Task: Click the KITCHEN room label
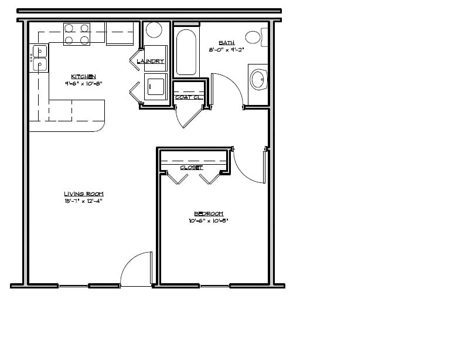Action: tap(83, 77)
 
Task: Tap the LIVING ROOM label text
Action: tap(84, 194)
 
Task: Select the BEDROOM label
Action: tap(207, 214)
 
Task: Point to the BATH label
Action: tap(226, 43)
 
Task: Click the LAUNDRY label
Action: tap(151, 62)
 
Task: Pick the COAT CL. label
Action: tap(189, 97)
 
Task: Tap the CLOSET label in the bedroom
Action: tap(191, 168)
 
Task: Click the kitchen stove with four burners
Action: tap(77, 34)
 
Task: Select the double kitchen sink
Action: tap(40, 58)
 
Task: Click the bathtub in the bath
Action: tap(187, 52)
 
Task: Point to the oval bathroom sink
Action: tap(257, 78)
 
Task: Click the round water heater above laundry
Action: tap(154, 30)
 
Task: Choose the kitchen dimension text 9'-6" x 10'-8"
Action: tap(83, 84)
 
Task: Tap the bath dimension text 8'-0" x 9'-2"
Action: tap(226, 50)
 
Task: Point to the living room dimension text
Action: tap(84, 201)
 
